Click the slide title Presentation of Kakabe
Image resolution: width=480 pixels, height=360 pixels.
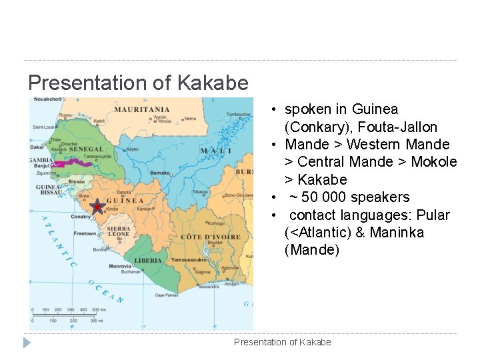click(x=138, y=83)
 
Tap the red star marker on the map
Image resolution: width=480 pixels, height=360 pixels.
click(x=97, y=207)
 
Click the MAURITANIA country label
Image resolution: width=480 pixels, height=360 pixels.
click(x=141, y=109)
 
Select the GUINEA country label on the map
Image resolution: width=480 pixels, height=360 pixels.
click(x=125, y=200)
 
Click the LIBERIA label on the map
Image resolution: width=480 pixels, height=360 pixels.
click(x=148, y=260)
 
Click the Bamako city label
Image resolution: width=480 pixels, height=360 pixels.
click(x=161, y=172)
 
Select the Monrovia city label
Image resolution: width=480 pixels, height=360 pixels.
click(x=121, y=266)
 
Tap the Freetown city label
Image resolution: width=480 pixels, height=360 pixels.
click(x=85, y=234)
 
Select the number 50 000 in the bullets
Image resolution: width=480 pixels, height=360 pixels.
click(x=323, y=197)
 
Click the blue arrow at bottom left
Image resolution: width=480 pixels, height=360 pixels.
click(x=27, y=343)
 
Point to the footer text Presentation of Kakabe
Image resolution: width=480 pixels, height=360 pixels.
click(x=282, y=342)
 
